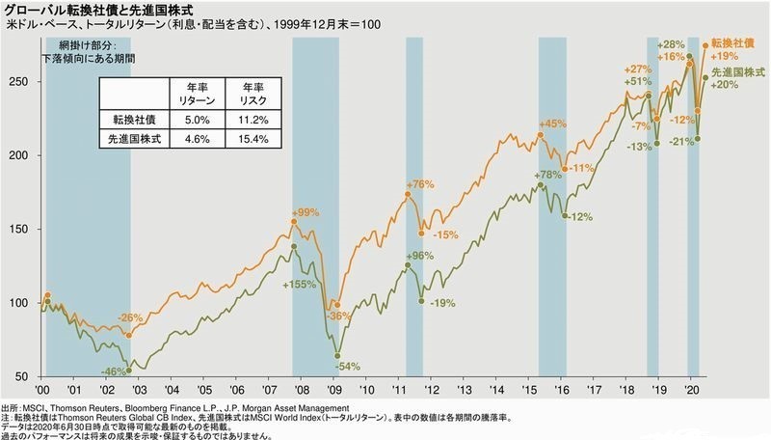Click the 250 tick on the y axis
point(28,82)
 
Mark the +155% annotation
point(300,286)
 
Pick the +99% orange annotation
point(306,212)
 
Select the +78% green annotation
point(547,176)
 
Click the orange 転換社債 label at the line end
point(734,45)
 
